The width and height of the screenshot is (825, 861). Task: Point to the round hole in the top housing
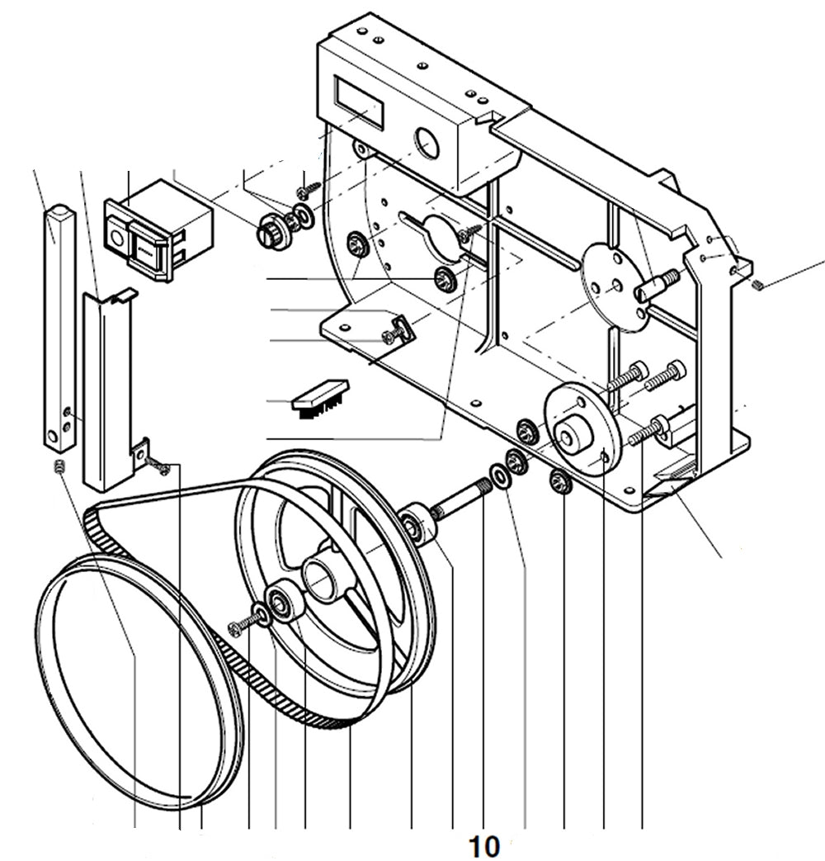(427, 143)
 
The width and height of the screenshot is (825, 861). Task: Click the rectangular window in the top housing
(359, 101)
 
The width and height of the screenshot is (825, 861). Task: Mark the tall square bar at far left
(59, 322)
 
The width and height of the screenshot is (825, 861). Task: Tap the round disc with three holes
(615, 288)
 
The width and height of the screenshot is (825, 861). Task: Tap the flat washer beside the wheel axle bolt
(499, 475)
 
